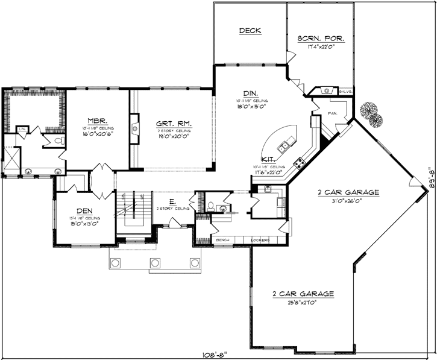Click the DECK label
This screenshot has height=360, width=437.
(250, 30)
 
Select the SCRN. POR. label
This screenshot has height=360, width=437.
(321, 38)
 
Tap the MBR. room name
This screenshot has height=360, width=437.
(97, 120)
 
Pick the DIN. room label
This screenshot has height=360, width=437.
(251, 93)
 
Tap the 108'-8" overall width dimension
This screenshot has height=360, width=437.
(218, 351)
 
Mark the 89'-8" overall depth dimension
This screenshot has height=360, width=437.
(429, 179)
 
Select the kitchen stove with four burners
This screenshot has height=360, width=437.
(299, 162)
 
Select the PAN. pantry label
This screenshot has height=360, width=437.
(331, 113)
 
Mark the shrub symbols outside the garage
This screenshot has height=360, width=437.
(369, 114)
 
